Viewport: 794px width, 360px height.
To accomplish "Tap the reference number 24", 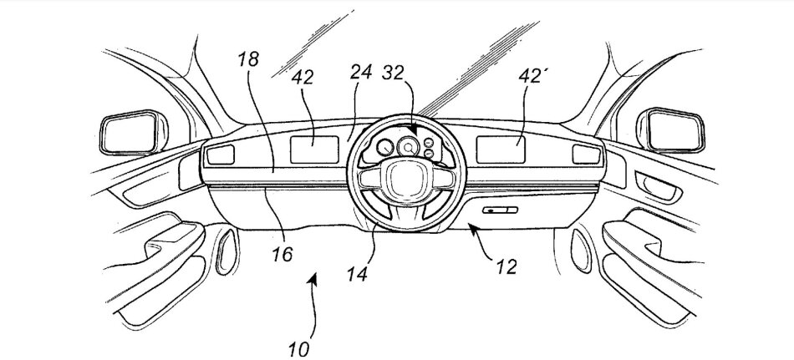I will click(361, 74).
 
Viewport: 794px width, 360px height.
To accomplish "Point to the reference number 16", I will click(282, 253).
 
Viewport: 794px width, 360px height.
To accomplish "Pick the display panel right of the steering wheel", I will click(501, 148).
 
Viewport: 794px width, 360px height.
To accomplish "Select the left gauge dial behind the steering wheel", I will click(385, 150).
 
